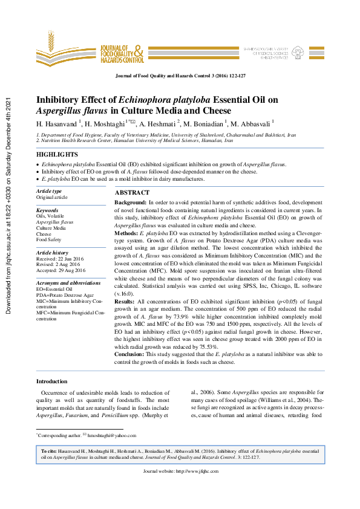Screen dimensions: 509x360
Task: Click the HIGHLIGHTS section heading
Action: tap(57, 155)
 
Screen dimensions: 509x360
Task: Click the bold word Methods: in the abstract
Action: tap(126, 233)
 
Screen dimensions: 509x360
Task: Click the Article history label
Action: tap(53, 252)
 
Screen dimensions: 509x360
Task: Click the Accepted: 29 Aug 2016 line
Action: tap(61, 270)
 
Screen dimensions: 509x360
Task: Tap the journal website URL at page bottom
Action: tap(180, 470)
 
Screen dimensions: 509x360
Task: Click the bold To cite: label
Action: tap(49, 451)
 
